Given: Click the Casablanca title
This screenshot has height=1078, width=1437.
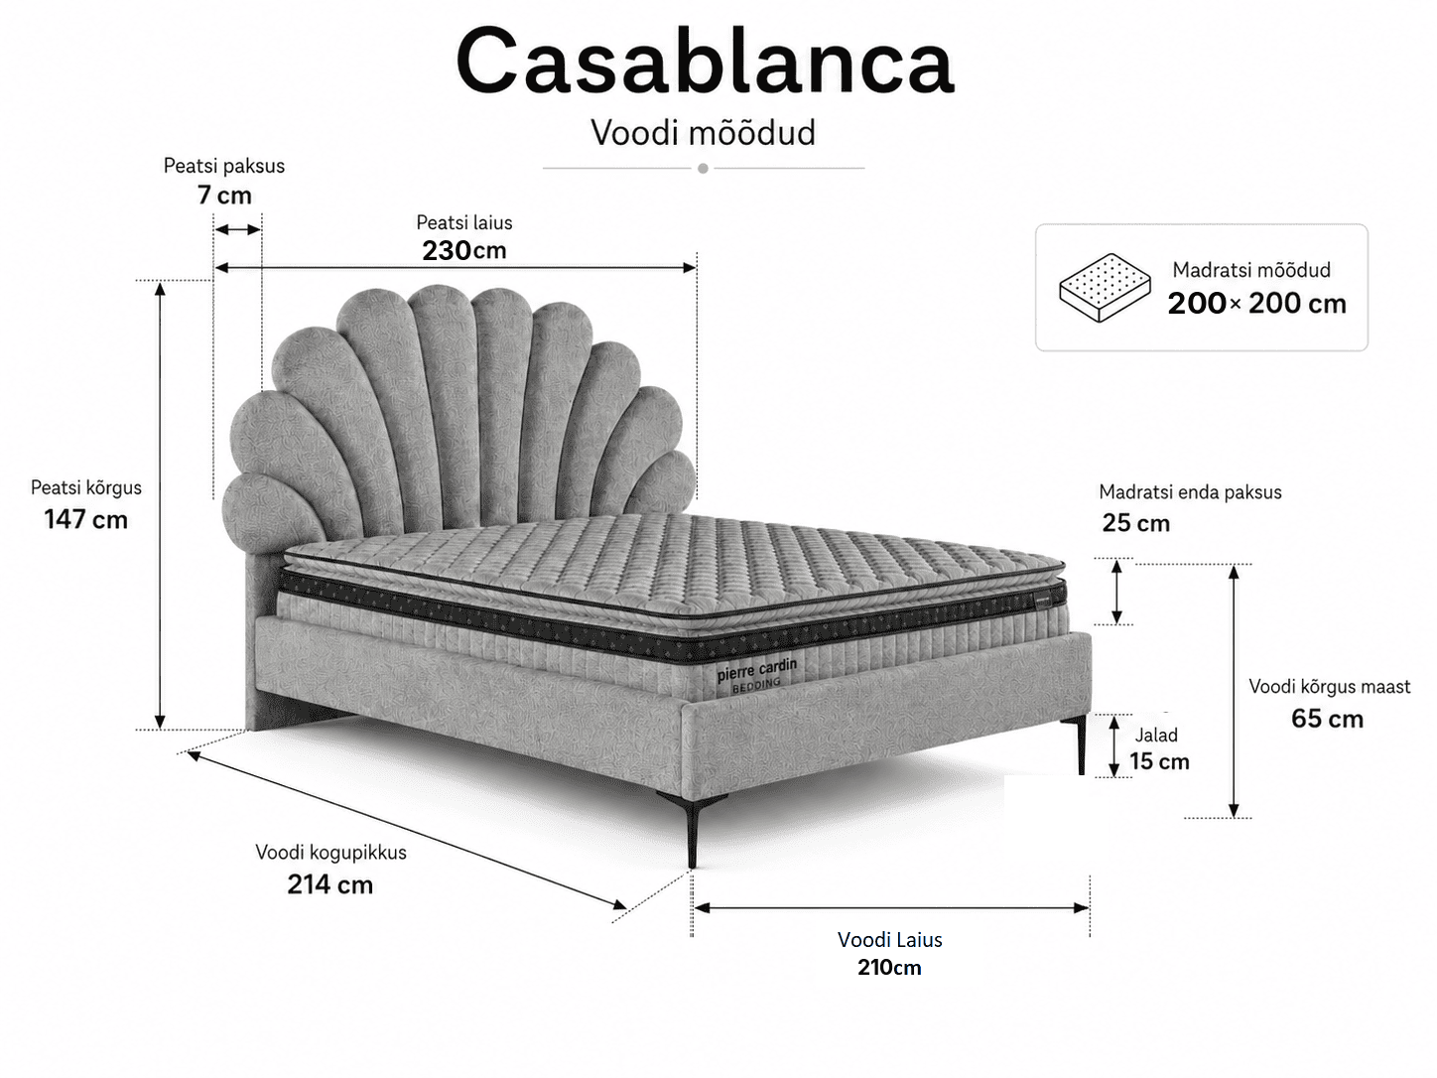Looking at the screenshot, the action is coord(705,62).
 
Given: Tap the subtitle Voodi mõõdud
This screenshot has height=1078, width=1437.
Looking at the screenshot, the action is coord(703,133).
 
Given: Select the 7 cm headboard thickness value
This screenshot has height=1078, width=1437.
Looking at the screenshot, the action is coord(224,195).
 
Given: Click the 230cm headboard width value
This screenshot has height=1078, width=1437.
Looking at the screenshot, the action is coord(464,250).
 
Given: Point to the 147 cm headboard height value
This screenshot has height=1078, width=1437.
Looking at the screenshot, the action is coord(85,520).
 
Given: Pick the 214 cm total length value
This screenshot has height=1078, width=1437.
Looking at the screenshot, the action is coord(329,884).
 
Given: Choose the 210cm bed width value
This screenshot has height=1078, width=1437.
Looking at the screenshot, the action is coord(890,967).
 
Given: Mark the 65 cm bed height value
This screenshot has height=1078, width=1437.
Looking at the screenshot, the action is coord(1327,718).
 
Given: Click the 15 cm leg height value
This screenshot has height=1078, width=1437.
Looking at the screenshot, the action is coord(1159,761).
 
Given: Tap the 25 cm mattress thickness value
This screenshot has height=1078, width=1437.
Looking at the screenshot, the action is coord(1136,523).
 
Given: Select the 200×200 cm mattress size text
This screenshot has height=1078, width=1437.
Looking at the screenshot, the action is coord(1257,303).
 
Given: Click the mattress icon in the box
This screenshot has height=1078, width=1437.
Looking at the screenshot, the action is coord(1106,287).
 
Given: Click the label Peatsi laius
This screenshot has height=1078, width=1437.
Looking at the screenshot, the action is coord(464,222).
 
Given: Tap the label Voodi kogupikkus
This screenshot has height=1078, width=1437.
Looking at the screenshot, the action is coord(330,853).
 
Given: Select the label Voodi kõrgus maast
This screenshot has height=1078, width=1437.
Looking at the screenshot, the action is coord(1329,687).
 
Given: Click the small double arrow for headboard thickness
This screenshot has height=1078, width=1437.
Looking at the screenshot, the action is coord(237,229).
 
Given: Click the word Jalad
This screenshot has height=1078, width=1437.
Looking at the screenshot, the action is coord(1156,735).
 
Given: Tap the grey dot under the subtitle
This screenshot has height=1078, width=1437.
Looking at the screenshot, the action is coord(703,168).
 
